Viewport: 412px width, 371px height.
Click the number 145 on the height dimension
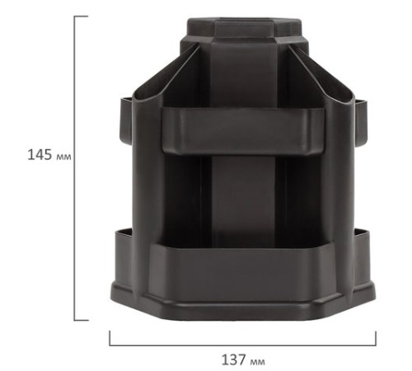tap(40, 154)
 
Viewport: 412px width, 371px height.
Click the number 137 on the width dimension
tap(234, 359)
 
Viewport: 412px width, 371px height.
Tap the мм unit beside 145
tap(63, 157)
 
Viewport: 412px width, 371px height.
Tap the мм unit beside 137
tap(258, 361)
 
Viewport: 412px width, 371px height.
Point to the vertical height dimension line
tap(74, 168)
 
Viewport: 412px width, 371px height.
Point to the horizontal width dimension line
tap(243, 345)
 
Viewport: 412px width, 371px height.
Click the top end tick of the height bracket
tap(81, 16)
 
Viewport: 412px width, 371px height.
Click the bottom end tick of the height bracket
tap(81, 320)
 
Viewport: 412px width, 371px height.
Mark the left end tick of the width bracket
tap(110, 338)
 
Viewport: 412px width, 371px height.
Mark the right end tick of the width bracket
tap(376, 339)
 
